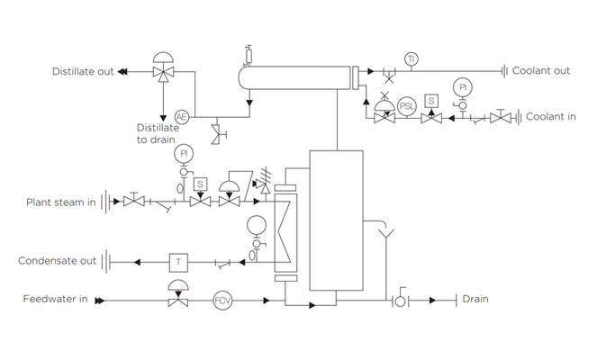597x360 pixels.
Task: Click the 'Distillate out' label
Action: (x=83, y=72)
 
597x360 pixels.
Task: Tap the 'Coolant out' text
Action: (x=540, y=71)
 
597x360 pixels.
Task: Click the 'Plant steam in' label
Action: (x=60, y=202)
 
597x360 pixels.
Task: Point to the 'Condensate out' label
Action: (x=57, y=261)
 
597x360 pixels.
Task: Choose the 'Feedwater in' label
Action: (x=55, y=299)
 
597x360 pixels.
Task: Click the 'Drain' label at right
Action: (x=475, y=299)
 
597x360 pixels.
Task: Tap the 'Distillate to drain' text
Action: (x=158, y=134)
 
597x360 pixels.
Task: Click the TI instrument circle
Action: (x=411, y=59)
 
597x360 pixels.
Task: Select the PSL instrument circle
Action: (x=407, y=105)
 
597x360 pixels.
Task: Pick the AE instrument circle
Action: (x=181, y=117)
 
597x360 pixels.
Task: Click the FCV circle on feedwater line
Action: (x=222, y=299)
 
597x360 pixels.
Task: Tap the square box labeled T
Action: (x=178, y=261)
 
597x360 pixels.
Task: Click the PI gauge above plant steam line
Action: (x=184, y=154)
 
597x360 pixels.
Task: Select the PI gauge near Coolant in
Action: (x=463, y=87)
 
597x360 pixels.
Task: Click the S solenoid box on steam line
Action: (x=200, y=184)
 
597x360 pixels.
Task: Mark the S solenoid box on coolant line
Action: (x=431, y=100)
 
